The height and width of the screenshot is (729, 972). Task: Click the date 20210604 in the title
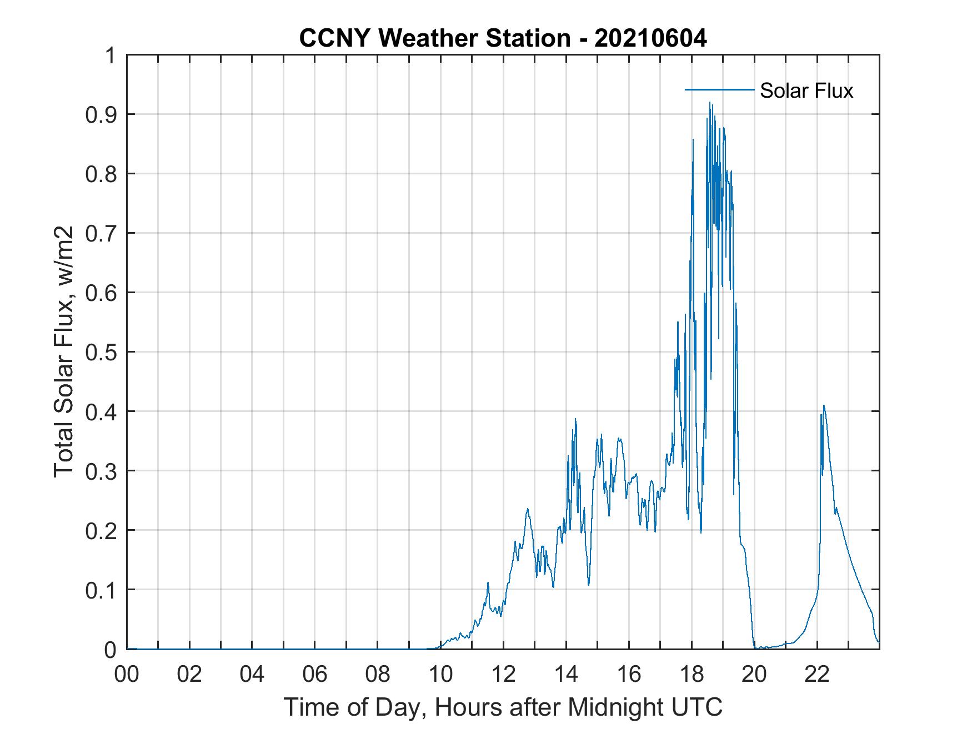[650, 38]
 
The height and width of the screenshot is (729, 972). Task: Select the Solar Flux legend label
[806, 90]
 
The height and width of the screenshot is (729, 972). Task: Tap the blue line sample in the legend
[719, 89]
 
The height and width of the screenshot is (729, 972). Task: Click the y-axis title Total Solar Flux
[64, 351]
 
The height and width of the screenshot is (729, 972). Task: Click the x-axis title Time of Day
[503, 707]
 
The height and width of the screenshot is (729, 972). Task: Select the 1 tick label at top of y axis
[111, 56]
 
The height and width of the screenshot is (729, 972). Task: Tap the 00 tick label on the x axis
[127, 675]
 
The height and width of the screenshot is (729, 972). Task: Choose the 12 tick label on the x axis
[503, 675]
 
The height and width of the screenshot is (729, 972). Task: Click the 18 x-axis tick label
[692, 675]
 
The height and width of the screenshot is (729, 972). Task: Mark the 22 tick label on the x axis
[817, 675]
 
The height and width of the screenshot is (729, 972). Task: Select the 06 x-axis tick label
[315, 675]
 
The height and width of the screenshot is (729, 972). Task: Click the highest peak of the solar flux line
[709, 102]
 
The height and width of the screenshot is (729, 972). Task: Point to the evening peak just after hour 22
[824, 406]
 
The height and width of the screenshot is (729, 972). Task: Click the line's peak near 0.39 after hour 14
[575, 419]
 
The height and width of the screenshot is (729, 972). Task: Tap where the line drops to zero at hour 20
[755, 647]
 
